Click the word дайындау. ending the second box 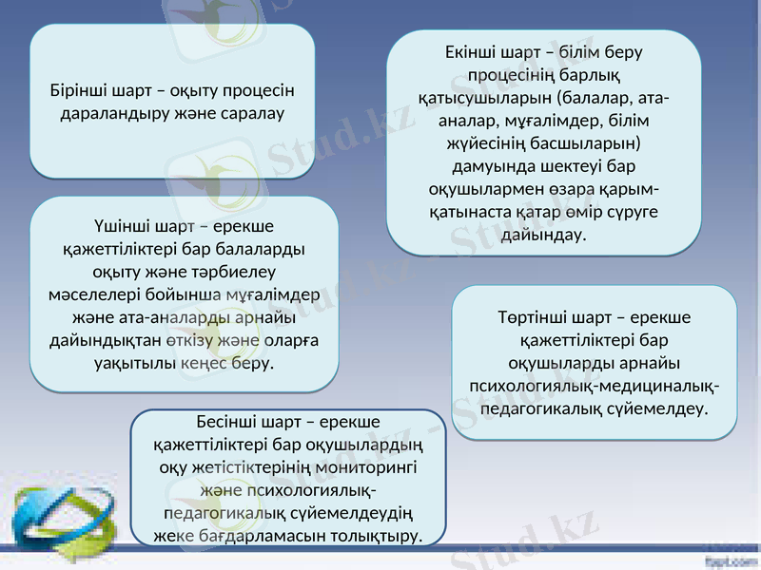point(543,234)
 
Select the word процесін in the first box point(260,91)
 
